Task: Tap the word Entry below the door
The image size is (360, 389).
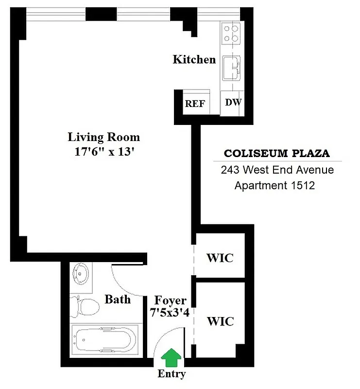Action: click(171, 374)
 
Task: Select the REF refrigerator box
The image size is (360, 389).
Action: click(195, 104)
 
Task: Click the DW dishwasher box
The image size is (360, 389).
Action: click(233, 103)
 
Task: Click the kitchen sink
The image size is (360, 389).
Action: click(232, 68)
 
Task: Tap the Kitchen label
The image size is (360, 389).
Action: click(194, 60)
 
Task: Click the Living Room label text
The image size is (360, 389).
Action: click(103, 137)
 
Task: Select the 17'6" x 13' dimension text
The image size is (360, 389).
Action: click(103, 151)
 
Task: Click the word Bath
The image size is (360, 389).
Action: click(118, 299)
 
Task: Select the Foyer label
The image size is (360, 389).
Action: click(170, 301)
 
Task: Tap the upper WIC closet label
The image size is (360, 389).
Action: click(220, 258)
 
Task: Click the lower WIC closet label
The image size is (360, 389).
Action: click(220, 321)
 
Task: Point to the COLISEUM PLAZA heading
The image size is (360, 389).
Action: click(276, 154)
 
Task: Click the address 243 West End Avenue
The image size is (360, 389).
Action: click(277, 170)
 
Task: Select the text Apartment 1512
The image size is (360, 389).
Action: click(274, 185)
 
